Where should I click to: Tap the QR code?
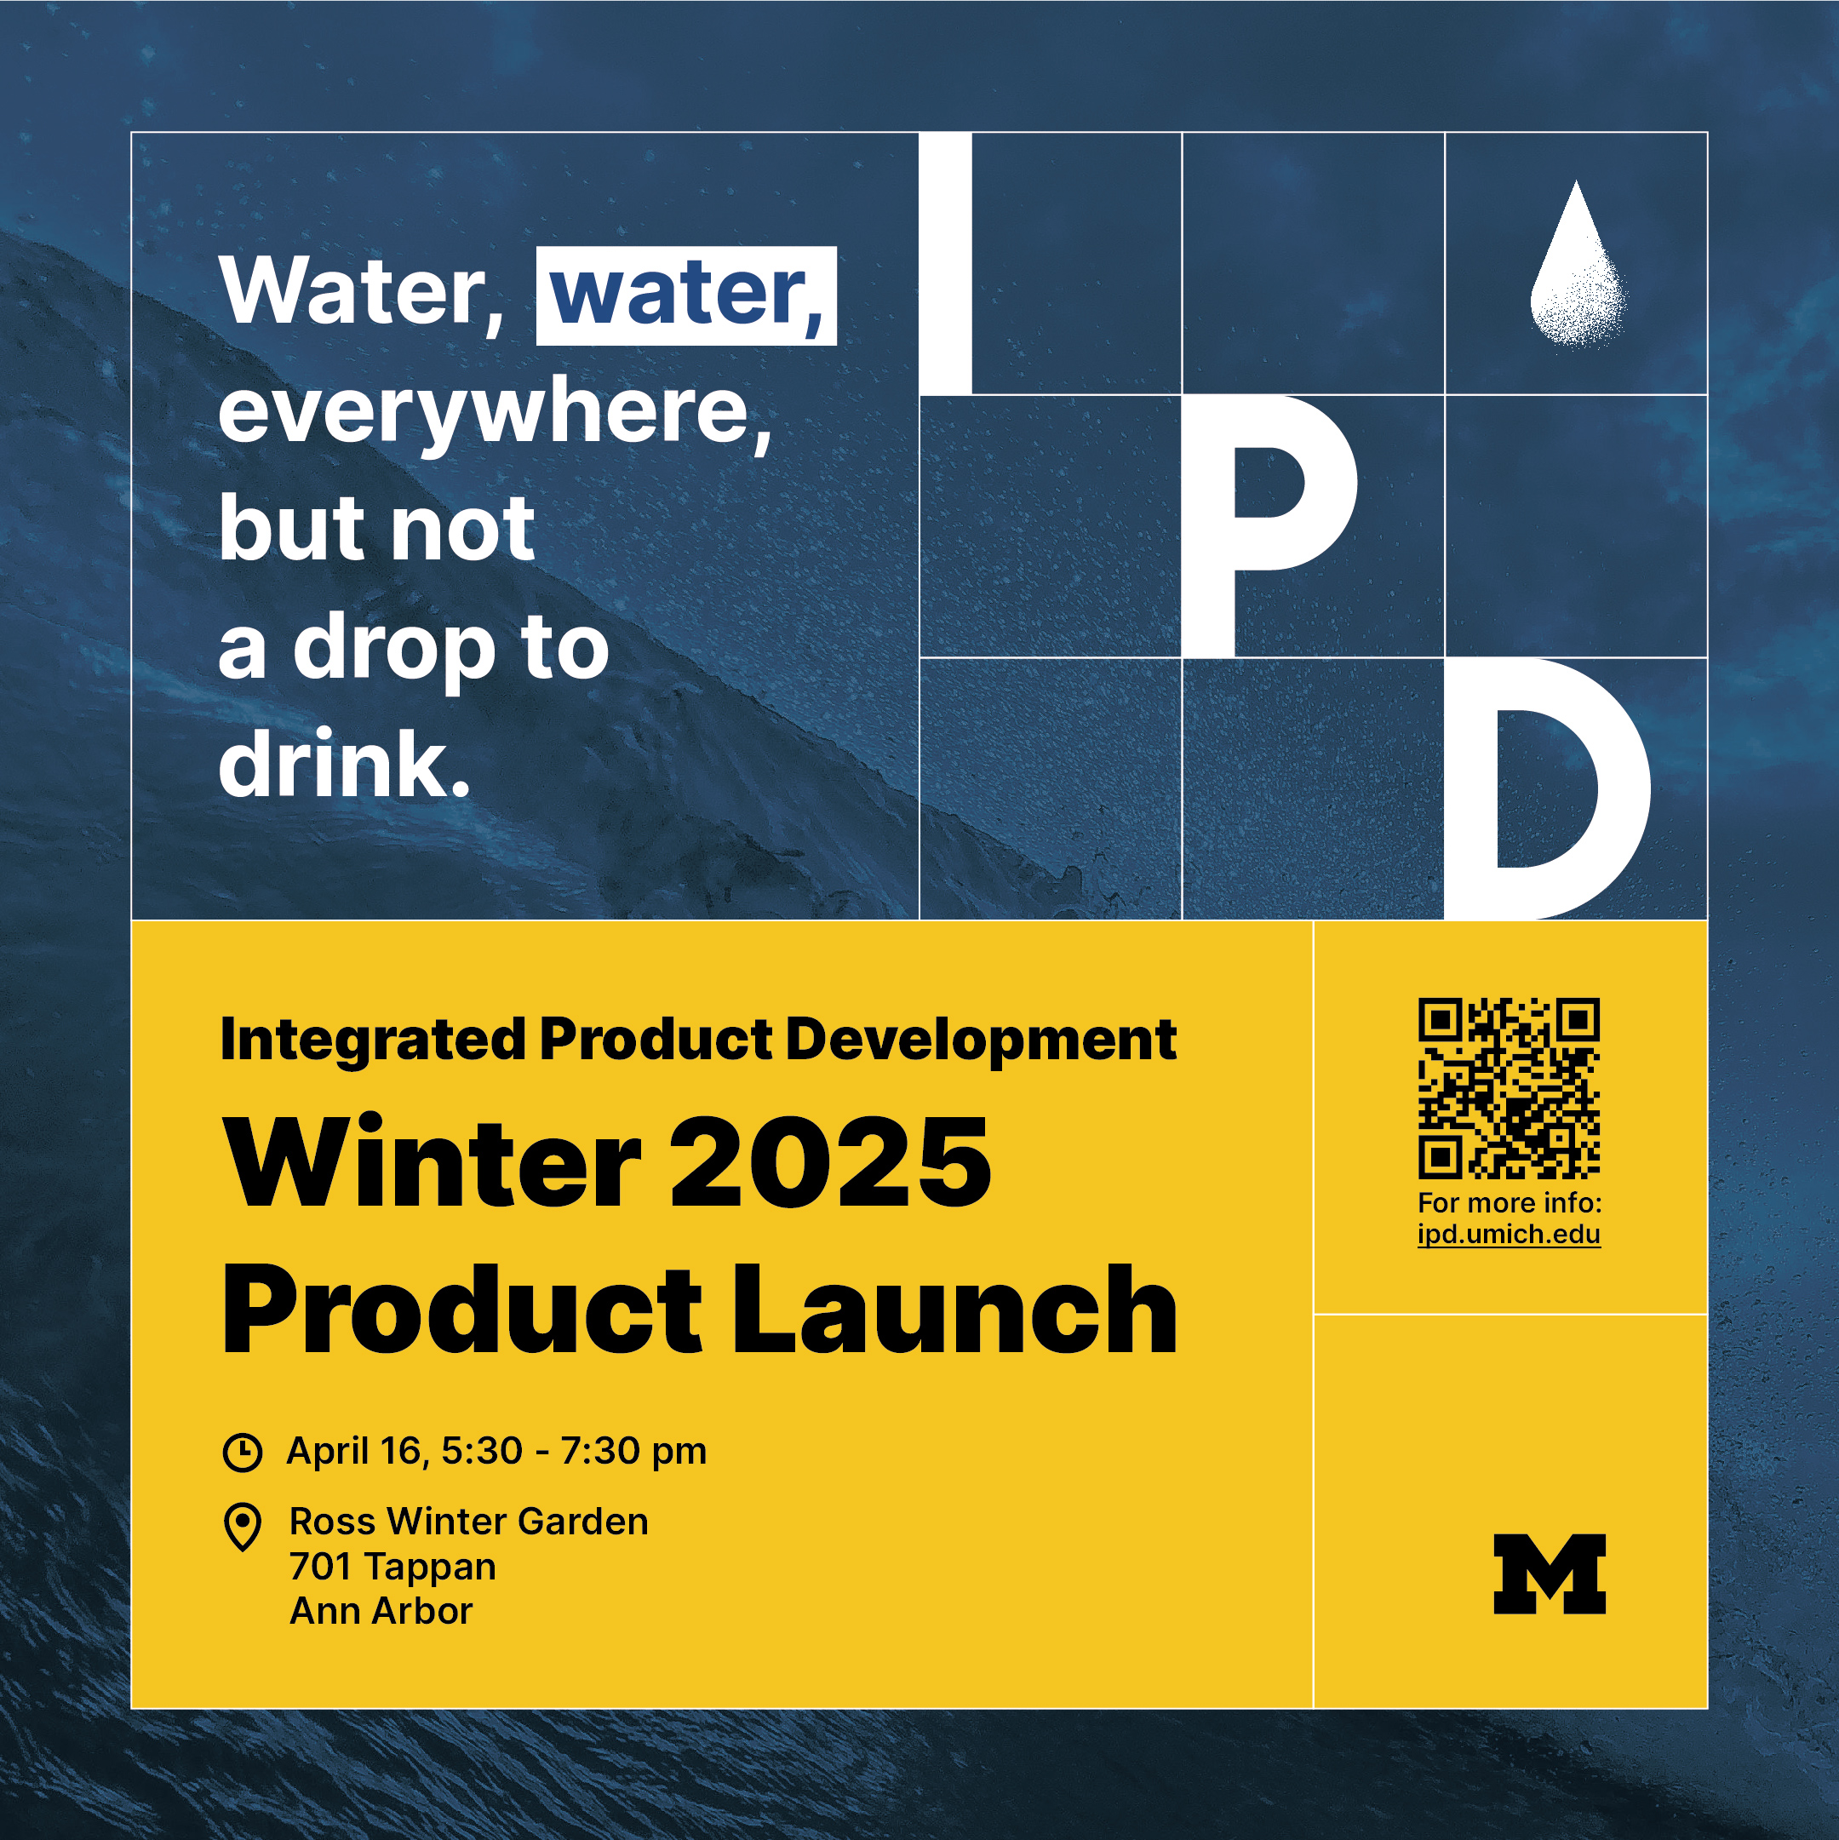1509,1087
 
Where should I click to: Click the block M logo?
1550,1573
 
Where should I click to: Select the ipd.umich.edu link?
1509,1235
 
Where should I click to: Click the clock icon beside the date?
242,1453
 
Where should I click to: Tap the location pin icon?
242,1527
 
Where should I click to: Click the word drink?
345,764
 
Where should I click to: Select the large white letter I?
946,263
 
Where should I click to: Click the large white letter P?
1269,525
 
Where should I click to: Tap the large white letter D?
1548,788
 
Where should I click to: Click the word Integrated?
373,1039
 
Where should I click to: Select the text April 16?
353,1452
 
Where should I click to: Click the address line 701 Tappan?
392,1567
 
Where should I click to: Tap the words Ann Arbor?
381,1612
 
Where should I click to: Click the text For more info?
1510,1203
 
